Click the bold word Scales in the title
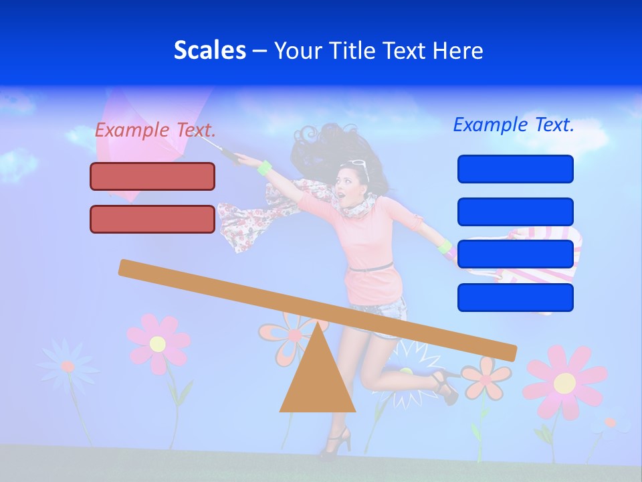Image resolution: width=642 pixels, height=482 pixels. pos(209,50)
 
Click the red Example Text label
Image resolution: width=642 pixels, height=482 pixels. pos(155,130)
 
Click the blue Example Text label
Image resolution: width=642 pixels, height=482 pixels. pos(514,125)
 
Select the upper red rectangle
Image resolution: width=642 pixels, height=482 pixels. pos(152,176)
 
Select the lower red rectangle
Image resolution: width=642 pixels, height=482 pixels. pos(152,219)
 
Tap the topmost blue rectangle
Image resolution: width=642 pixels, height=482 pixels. pos(515,169)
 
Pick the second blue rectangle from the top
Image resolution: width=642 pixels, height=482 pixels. pos(515,212)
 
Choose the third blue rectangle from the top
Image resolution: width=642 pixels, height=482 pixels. pos(515,254)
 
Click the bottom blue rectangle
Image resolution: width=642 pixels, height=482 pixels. pos(515,297)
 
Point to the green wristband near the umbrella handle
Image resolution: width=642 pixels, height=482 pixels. pos(265,167)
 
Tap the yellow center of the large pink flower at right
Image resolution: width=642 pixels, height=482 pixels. pos(564,383)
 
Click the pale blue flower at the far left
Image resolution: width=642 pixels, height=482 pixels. pos(67,366)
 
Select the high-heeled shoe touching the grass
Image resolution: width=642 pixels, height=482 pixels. pos(336,443)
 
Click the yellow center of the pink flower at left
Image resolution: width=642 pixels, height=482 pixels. pos(158,344)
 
